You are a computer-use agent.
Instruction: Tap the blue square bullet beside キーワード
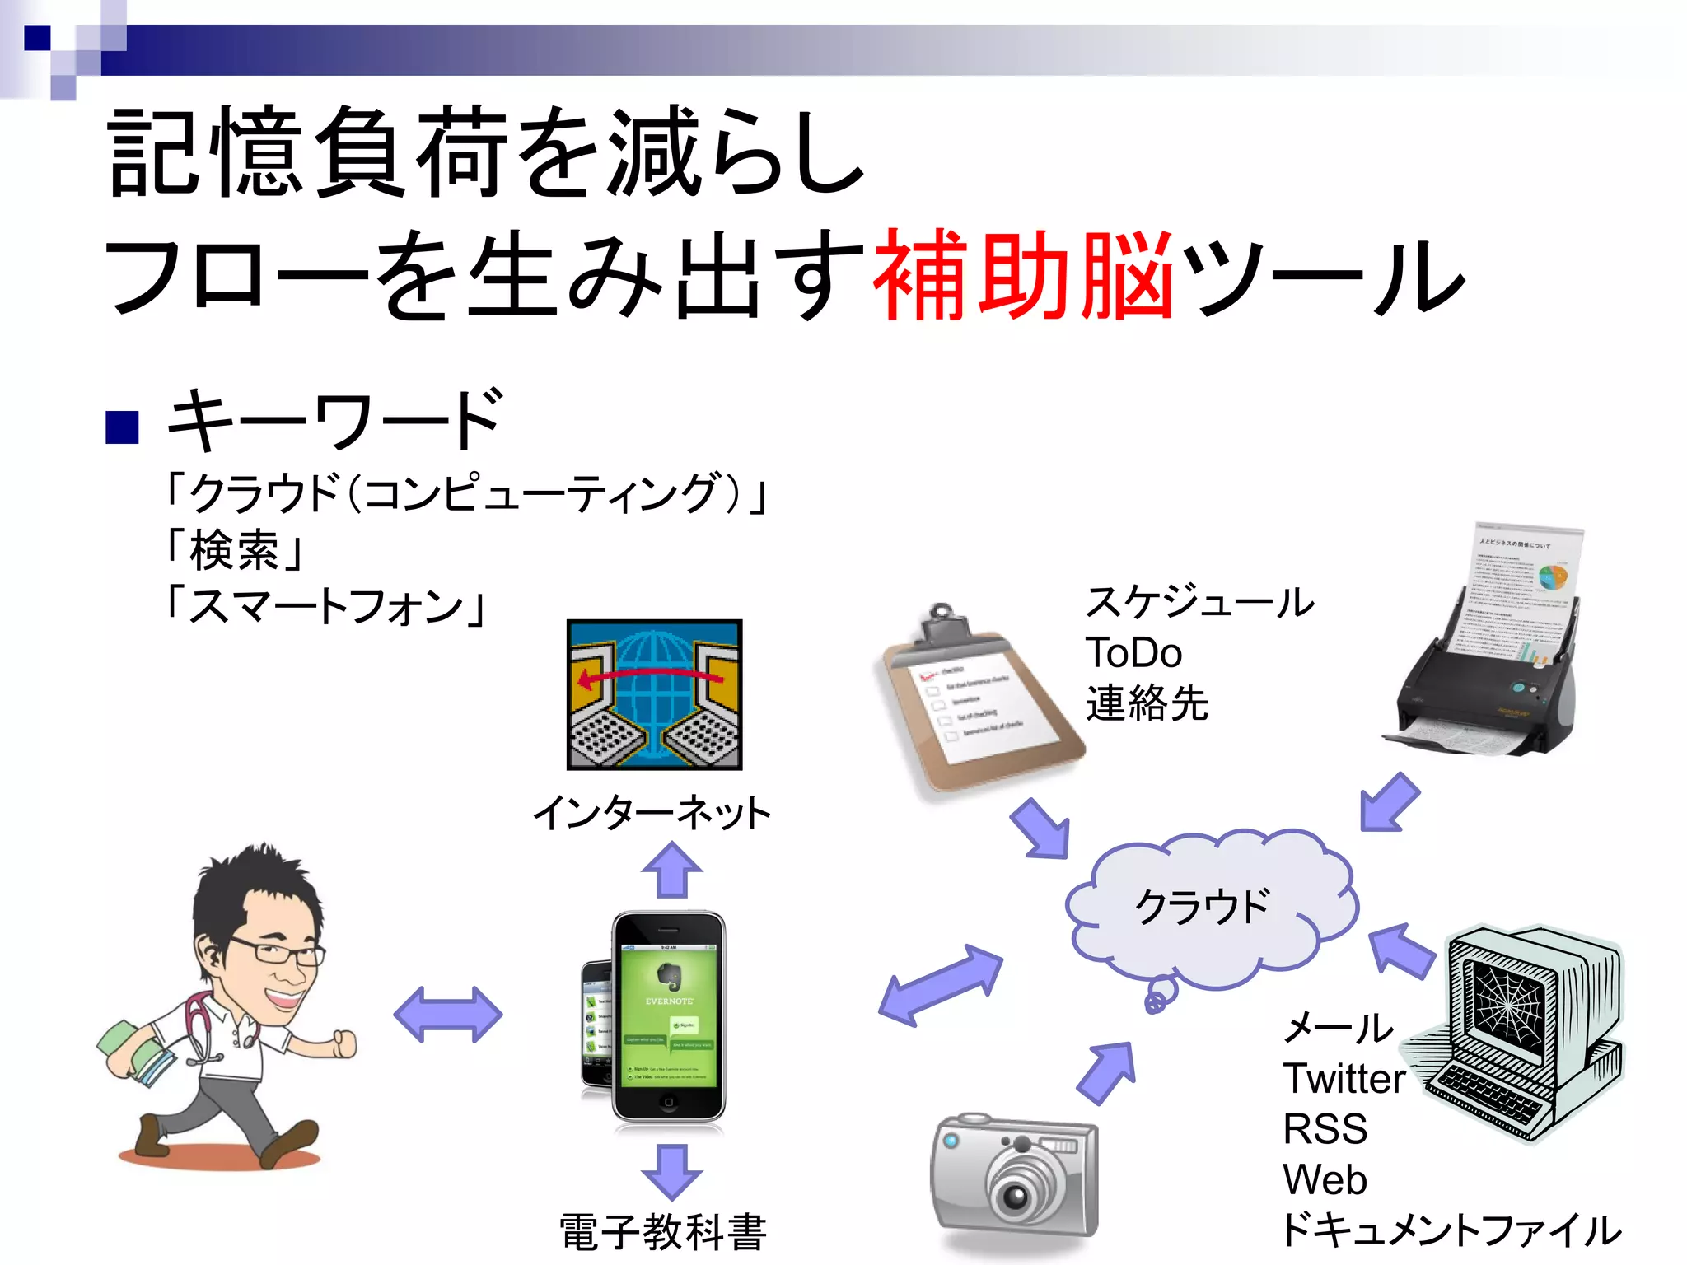point(122,427)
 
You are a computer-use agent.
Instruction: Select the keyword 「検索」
point(235,550)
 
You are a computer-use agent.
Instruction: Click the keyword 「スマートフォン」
point(326,606)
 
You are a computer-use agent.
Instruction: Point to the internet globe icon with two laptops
point(654,694)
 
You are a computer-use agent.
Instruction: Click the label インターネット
point(652,813)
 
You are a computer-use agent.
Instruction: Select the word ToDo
point(1133,653)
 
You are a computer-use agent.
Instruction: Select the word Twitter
point(1344,1078)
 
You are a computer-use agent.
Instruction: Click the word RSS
point(1325,1129)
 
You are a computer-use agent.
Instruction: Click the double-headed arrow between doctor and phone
point(447,1014)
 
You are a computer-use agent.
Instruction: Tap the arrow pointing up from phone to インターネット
point(672,870)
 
